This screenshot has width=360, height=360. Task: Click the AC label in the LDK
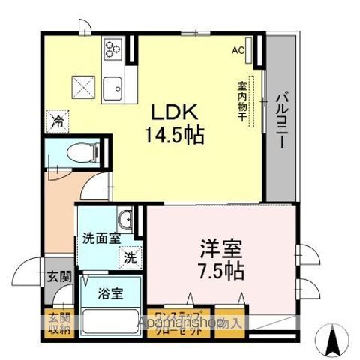pyautogui.click(x=238, y=52)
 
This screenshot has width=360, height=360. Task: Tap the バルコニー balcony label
pyautogui.click(x=283, y=120)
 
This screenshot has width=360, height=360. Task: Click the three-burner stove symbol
pyautogui.click(x=112, y=50)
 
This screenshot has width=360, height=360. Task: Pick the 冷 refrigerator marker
pyautogui.click(x=56, y=119)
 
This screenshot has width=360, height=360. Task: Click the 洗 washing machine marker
pyautogui.click(x=130, y=256)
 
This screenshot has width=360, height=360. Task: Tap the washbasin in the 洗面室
pyautogui.click(x=130, y=220)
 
